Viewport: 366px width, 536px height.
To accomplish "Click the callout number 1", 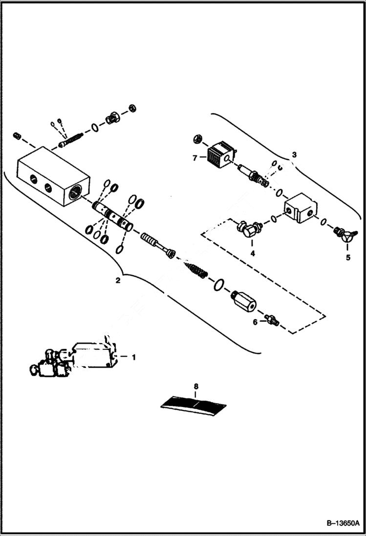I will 133,357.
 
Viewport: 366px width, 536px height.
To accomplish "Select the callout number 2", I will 117,280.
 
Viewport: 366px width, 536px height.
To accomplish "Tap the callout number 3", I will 294,155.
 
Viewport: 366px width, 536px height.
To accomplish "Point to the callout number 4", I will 252,254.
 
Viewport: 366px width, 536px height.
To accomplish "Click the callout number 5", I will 348,257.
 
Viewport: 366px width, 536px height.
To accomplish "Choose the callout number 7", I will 194,157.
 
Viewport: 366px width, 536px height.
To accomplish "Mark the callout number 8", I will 196,386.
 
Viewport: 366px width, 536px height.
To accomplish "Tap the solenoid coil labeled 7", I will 218,154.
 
